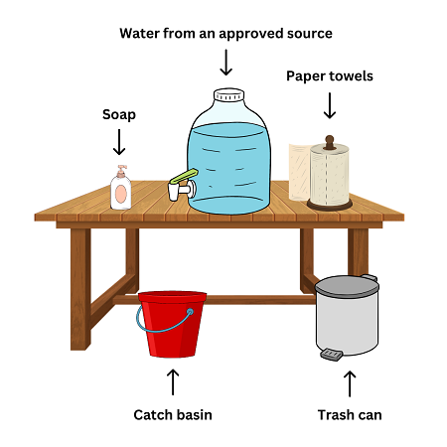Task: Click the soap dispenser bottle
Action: point(120,192)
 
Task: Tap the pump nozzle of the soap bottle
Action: point(119,170)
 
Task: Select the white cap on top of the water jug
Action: point(228,95)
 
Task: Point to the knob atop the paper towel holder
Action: point(330,139)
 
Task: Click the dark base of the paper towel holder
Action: point(331,206)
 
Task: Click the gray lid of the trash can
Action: point(347,286)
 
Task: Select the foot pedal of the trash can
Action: point(332,353)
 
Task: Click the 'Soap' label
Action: point(119,114)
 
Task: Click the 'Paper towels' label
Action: point(330,75)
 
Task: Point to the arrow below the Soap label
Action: point(119,143)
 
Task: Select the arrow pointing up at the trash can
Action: point(349,382)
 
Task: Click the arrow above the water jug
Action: point(226,63)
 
